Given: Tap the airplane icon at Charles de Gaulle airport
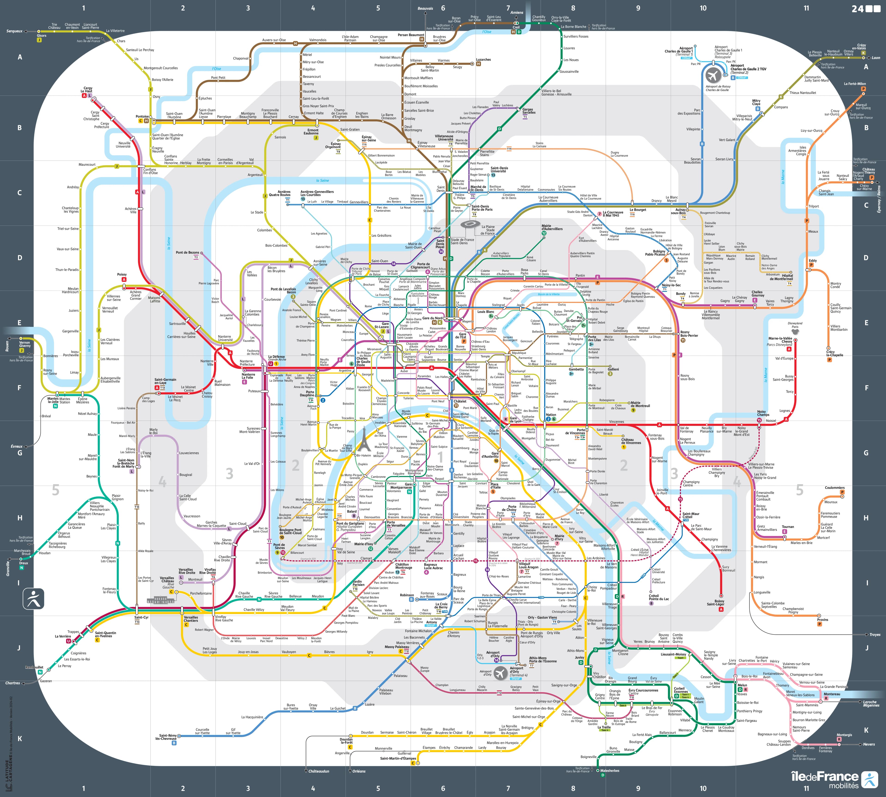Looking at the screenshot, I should [713, 75].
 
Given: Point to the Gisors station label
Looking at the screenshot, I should [42, 36].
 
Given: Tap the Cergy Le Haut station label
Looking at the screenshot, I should [88, 90].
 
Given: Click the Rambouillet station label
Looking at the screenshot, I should [34, 667].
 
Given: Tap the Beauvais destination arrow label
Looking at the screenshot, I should [425, 8].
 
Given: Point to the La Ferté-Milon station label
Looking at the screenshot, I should [854, 84].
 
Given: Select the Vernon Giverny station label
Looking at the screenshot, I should [24, 344].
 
